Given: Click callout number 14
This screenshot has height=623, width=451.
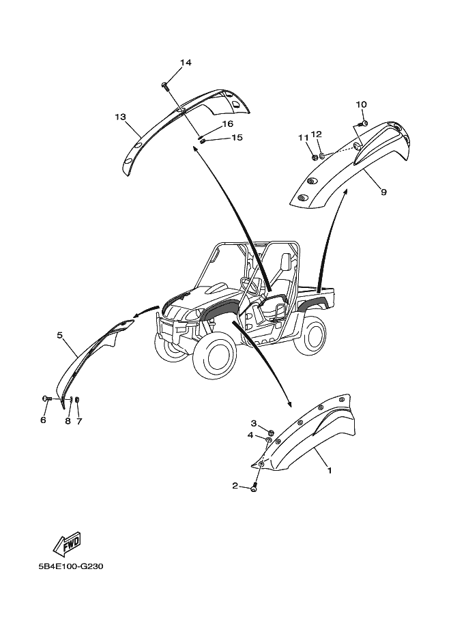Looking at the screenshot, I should (x=186, y=63).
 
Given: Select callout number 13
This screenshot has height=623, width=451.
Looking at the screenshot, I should (x=120, y=117).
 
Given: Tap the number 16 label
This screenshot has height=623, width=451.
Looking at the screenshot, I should (x=208, y=124).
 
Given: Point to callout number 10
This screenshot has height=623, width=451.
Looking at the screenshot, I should (x=361, y=104).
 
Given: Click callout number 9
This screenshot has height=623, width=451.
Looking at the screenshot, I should (x=383, y=192).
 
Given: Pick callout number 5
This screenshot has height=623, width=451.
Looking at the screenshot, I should (x=60, y=335).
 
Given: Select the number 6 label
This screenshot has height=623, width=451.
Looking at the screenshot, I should (x=43, y=420).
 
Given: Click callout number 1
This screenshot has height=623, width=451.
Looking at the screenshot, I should (x=329, y=470).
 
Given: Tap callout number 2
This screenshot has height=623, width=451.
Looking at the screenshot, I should (x=235, y=486).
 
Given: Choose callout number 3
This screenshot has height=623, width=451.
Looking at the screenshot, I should (x=253, y=424).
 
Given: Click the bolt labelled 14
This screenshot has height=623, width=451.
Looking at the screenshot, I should (x=166, y=85).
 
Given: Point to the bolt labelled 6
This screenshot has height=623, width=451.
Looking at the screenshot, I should (x=46, y=398).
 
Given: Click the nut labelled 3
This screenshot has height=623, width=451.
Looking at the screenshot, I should (x=272, y=432).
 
